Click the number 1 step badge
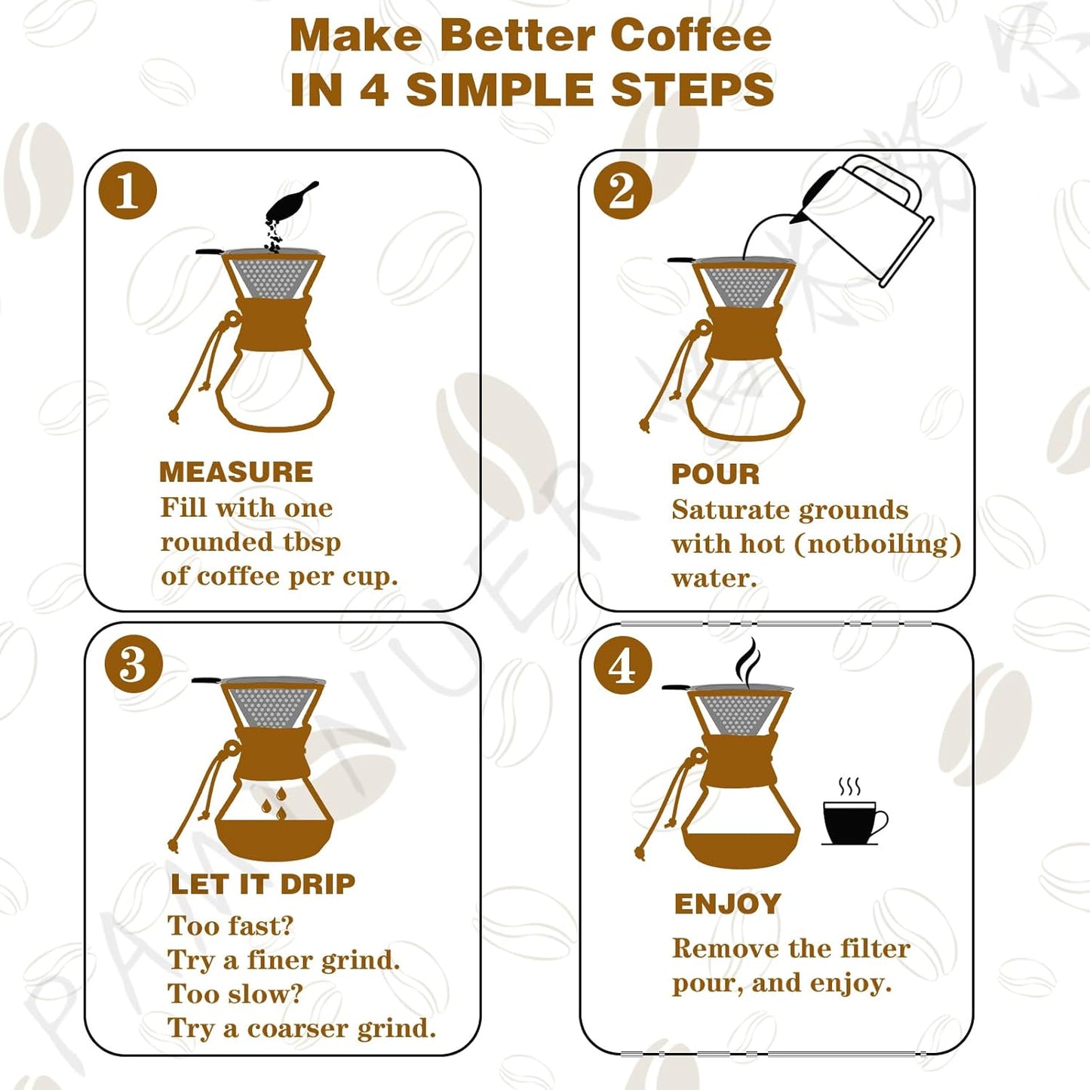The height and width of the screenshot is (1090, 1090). coord(127,190)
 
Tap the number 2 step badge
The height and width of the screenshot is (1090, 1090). coord(622,190)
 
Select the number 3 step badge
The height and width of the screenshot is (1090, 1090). coord(134,664)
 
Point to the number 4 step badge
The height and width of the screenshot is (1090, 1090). coord(622,665)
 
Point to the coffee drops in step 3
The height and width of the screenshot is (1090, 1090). coord(274,804)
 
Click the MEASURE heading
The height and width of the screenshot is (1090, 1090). coord(236,472)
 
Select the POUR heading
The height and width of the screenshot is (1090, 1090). coord(715,474)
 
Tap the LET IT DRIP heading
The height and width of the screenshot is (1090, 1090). coord(263,884)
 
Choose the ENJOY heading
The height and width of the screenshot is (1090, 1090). coord(727,904)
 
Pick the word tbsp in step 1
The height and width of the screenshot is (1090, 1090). coord(312,543)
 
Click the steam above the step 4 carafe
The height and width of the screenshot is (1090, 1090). coord(748,662)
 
